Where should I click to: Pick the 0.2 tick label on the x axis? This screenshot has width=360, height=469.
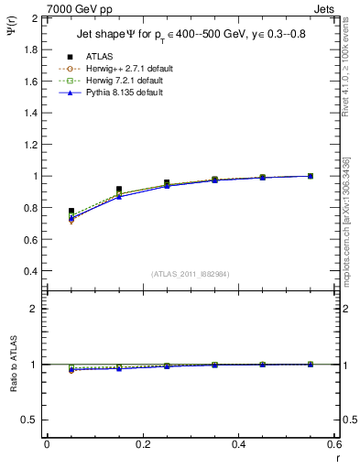click(142, 444)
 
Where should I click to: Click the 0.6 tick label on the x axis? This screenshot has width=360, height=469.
click(334, 444)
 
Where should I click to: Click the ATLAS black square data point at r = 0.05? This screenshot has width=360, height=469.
click(71, 211)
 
